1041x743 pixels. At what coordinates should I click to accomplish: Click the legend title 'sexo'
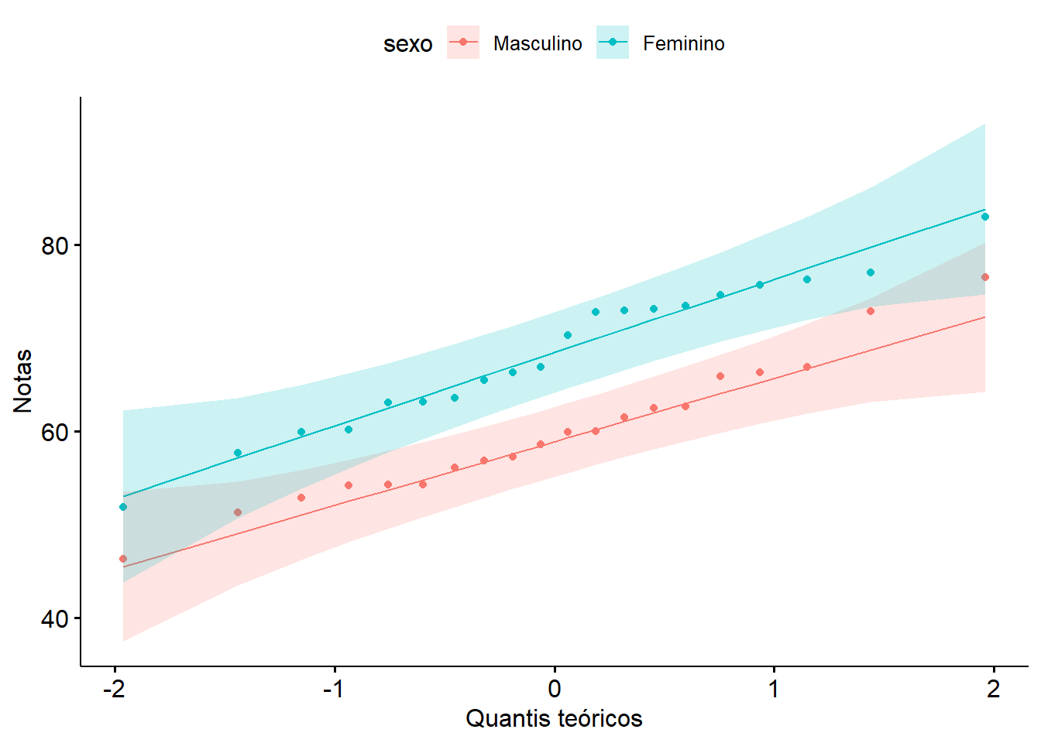coord(407,44)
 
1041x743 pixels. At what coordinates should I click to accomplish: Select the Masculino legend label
coord(537,44)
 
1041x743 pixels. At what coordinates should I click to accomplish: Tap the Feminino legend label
coord(683,44)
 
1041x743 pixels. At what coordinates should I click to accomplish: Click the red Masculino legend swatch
coord(463,43)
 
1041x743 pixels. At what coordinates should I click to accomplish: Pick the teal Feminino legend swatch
coord(612,43)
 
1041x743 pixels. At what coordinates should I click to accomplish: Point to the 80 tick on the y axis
coord(55,246)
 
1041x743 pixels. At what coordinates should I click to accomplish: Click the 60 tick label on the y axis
coord(55,433)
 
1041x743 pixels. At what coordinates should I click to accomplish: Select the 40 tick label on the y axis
coord(55,619)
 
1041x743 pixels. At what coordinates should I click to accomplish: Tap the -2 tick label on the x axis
coord(114,689)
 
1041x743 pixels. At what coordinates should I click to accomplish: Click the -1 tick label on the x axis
coord(333,689)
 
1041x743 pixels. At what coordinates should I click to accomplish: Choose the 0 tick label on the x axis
coord(555,689)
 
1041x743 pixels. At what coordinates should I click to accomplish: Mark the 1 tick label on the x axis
coord(774,689)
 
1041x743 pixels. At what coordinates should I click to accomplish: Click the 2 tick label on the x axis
coord(994,689)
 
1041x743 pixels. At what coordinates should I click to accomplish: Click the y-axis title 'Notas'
coord(23,381)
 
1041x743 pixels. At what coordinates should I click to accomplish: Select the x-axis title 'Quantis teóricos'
coord(554,719)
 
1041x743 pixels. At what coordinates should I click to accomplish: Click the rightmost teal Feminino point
coord(985,217)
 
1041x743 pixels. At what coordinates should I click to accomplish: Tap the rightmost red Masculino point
coord(985,277)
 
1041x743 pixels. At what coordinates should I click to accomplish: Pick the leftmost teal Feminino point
coord(123,507)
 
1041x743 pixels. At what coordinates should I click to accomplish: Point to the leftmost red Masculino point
coord(123,559)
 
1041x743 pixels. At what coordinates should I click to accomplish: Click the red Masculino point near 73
coord(871,311)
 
